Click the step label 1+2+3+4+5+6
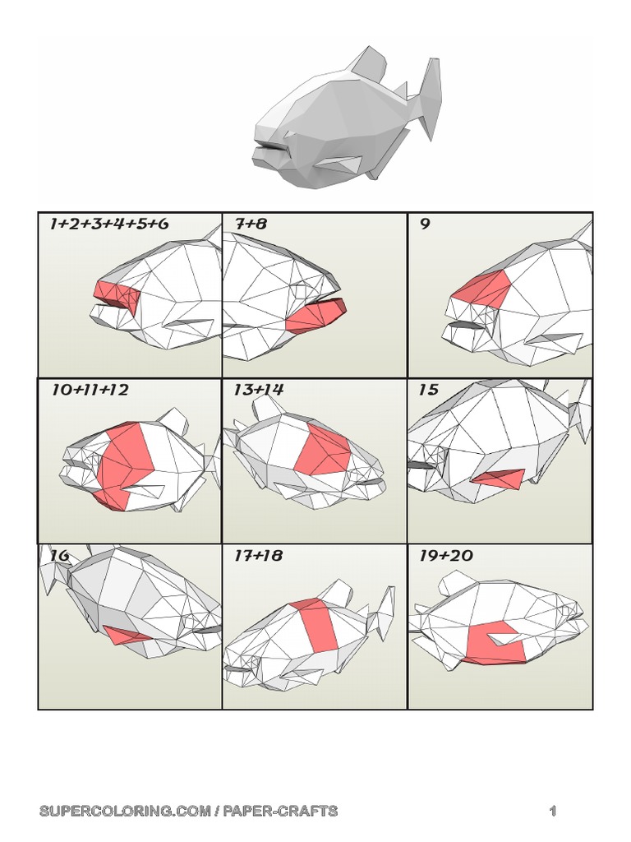[109, 224]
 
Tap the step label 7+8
[251, 224]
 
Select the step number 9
[425, 224]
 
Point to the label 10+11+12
[90, 390]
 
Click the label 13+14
[258, 390]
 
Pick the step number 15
[428, 390]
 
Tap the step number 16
[59, 556]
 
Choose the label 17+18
[258, 556]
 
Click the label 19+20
[445, 556]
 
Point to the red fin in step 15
[499, 479]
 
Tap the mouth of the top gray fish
[272, 147]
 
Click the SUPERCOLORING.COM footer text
[188, 812]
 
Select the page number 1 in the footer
[553, 812]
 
